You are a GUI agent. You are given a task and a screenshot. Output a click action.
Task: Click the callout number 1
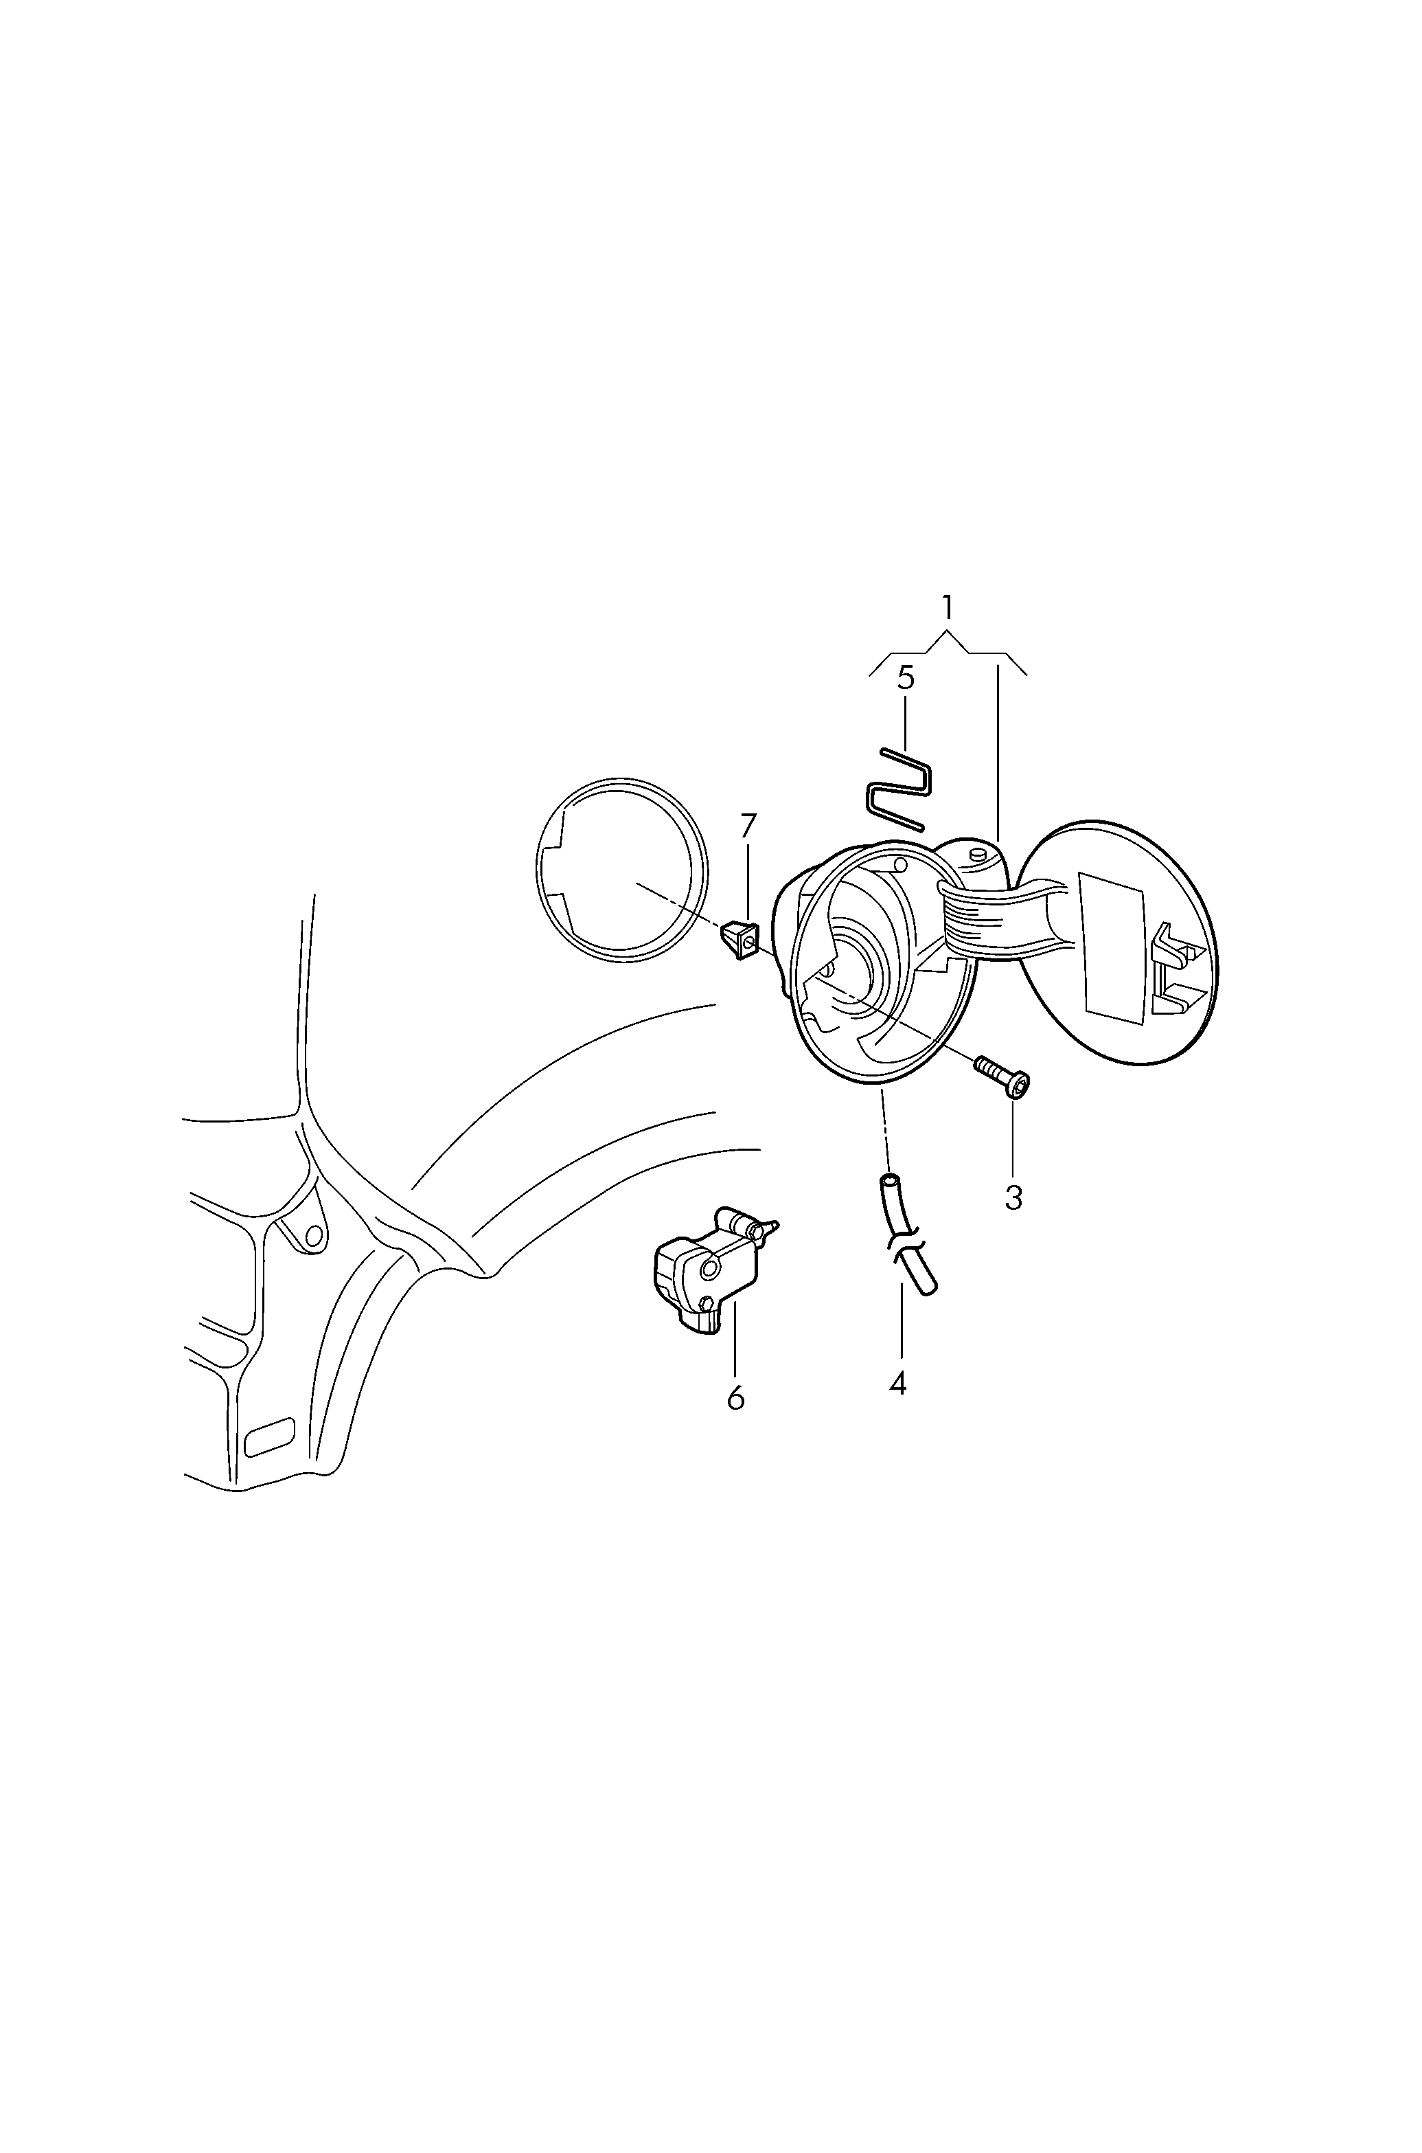(x=947, y=607)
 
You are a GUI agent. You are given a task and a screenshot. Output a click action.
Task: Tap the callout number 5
(x=905, y=678)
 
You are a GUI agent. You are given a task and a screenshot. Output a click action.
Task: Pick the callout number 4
(x=898, y=1383)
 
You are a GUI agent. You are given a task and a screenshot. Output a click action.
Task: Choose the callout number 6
(x=735, y=1398)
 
